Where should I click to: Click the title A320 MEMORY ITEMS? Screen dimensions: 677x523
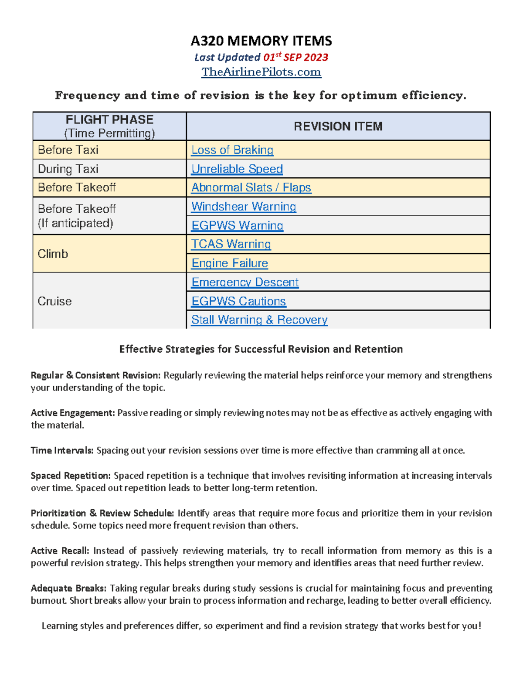point(261,41)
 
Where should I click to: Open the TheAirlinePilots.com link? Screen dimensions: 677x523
point(261,72)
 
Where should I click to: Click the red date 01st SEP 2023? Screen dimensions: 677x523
point(295,57)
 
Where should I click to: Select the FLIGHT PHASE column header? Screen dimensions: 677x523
point(109,120)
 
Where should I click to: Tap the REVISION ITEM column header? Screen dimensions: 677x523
point(338,126)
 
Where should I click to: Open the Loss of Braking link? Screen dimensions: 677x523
point(232,150)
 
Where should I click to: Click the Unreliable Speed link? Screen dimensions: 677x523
point(237,169)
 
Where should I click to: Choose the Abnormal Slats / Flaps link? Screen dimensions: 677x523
point(251,187)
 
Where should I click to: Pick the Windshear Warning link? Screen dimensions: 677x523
point(244,206)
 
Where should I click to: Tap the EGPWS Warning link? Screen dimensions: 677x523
point(237,225)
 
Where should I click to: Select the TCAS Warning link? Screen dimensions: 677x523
point(231,244)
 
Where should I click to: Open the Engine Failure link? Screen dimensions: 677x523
point(230,263)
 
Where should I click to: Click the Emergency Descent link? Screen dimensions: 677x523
point(245,282)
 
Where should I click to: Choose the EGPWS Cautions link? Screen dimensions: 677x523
point(238,301)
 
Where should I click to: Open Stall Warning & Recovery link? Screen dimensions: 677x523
point(259,320)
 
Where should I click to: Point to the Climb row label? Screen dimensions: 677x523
point(53,254)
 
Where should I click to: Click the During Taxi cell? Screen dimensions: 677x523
point(68,169)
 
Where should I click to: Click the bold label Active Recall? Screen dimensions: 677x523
point(60,551)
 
